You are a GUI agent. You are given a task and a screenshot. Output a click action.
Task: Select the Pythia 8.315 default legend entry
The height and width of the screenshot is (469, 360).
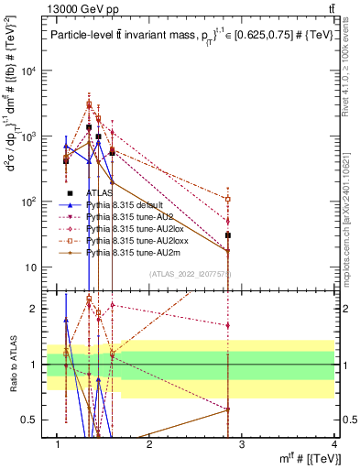tap(126, 205)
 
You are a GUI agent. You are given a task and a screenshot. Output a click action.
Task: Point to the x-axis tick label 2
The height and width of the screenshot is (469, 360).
tap(150, 444)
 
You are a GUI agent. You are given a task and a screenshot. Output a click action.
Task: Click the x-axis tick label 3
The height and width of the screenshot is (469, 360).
tap(242, 444)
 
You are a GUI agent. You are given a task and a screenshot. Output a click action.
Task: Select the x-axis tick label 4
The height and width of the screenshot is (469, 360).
tap(334, 444)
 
